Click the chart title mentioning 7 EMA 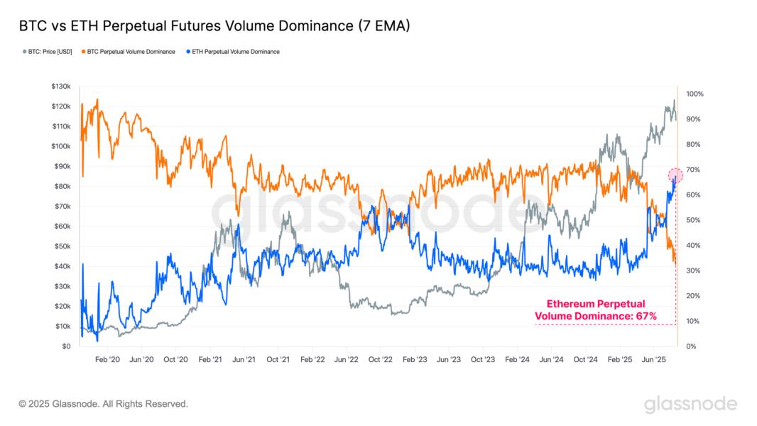(214, 26)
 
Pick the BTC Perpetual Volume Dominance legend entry (130, 52)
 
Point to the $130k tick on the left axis (60, 86)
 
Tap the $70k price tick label (62, 207)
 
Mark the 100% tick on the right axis (695, 94)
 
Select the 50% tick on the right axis (693, 220)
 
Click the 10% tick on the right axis (693, 321)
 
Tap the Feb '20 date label (107, 360)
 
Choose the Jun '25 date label (653, 360)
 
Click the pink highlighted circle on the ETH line (675, 175)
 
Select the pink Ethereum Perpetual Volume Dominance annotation (595, 310)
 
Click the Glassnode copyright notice (104, 404)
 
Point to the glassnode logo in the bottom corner (690, 404)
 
